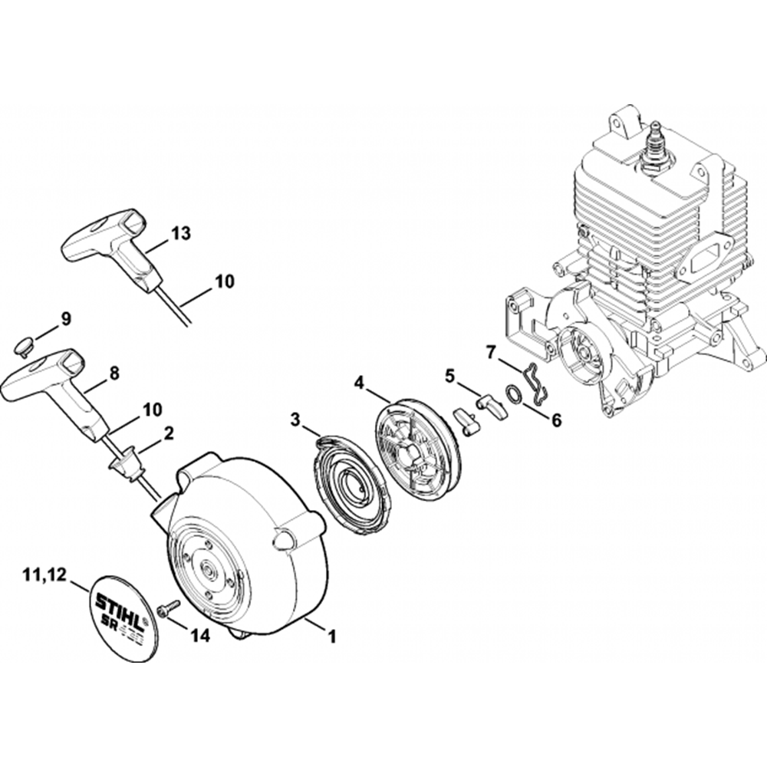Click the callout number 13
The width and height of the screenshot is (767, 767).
tap(181, 233)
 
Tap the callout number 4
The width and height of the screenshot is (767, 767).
tap(359, 380)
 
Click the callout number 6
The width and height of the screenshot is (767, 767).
tap(556, 420)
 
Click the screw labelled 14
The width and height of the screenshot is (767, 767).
tap(166, 607)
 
